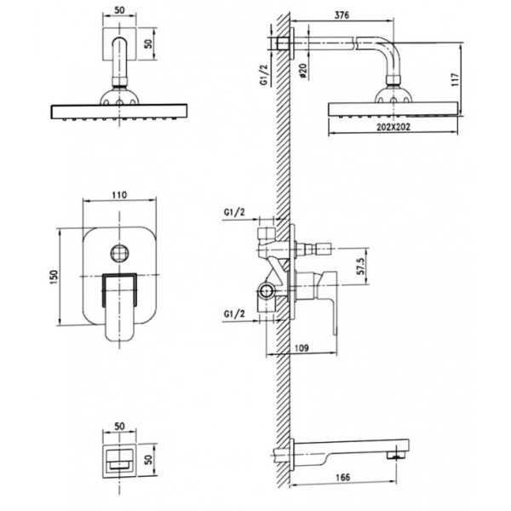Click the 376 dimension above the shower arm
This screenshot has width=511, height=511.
point(342,15)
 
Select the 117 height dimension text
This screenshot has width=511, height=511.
point(455,79)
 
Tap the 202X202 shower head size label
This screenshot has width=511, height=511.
point(393,127)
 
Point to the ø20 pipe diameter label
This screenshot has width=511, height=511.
point(302,71)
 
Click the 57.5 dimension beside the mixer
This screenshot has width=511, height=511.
point(361,266)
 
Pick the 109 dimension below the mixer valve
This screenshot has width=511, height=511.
point(301,347)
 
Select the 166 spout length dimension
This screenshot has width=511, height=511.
point(342,477)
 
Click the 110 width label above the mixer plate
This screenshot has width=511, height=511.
point(119,195)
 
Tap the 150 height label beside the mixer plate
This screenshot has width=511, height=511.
point(55,277)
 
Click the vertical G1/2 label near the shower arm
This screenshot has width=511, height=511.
point(264,75)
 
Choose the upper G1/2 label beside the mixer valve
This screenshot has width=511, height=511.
point(234,212)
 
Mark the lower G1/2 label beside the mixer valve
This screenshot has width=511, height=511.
point(234,313)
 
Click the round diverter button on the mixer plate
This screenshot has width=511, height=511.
point(119,253)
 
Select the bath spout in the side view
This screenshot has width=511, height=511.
point(349,451)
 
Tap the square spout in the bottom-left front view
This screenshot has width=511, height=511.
point(119,461)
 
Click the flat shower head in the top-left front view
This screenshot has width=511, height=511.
point(119,112)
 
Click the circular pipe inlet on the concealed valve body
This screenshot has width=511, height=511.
point(267,290)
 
